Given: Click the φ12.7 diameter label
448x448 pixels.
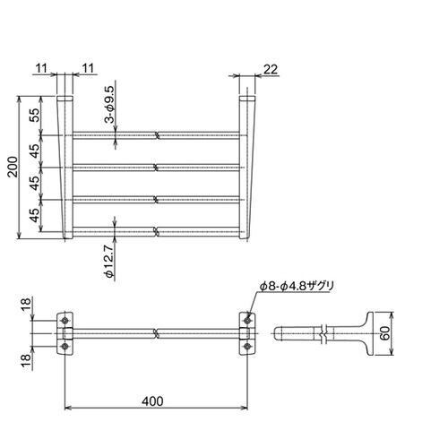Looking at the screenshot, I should tap(108, 262).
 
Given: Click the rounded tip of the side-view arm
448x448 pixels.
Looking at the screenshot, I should tap(280, 335).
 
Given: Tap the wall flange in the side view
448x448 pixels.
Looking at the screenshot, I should tap(367, 335).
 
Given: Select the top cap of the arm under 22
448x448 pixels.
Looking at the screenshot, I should tap(248, 97).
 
